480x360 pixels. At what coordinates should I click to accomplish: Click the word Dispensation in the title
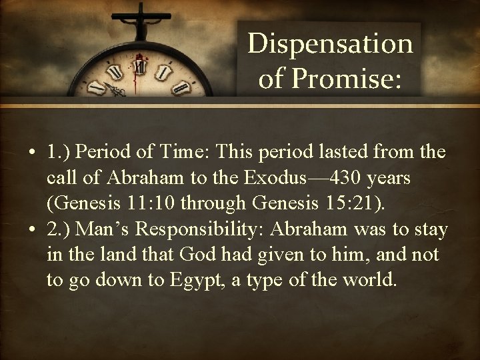(330, 45)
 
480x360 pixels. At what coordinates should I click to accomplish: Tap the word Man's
(99, 230)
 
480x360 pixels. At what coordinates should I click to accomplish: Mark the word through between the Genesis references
(212, 204)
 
